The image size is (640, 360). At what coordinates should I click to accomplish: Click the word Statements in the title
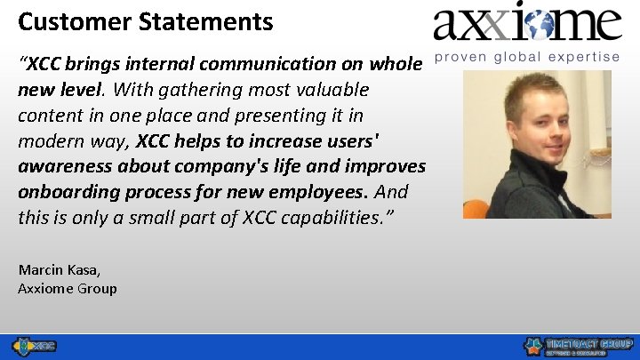pyautogui.click(x=198, y=21)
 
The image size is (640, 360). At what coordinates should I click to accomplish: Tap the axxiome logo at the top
pyautogui.click(x=527, y=24)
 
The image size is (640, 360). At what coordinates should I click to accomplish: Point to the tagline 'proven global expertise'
pyautogui.click(x=527, y=57)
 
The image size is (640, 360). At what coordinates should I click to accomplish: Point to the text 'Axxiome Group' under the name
pyautogui.click(x=68, y=288)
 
